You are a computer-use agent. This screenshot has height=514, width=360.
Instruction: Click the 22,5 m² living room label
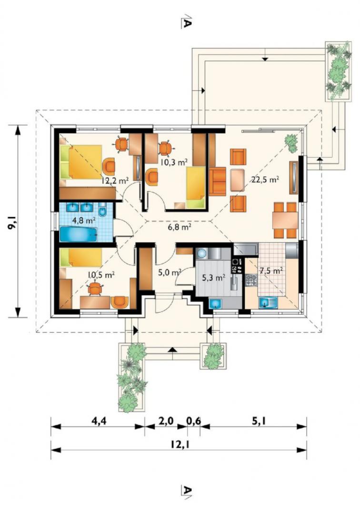(x=265, y=179)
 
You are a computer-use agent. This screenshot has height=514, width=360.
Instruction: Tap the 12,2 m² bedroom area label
(x=115, y=180)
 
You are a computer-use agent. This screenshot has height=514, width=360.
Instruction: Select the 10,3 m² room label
(x=174, y=161)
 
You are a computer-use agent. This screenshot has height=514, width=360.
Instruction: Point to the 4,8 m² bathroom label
(x=84, y=220)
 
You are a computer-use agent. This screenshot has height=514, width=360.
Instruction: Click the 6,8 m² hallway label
(x=180, y=227)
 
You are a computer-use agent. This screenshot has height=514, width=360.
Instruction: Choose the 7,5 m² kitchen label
(x=271, y=271)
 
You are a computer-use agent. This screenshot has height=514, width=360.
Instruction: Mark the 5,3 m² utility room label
(x=213, y=278)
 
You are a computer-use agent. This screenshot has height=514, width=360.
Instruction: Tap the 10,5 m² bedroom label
(x=101, y=275)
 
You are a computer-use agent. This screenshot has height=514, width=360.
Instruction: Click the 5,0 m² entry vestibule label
(x=170, y=272)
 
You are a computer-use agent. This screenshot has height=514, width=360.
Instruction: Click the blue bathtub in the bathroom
(x=79, y=234)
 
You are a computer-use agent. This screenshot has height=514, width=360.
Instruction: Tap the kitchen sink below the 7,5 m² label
(x=268, y=302)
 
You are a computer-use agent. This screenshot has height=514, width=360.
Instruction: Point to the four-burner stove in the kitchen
(x=251, y=281)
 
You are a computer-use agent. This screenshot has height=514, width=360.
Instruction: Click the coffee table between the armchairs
(x=237, y=180)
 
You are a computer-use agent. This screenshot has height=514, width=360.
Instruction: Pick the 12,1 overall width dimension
(x=179, y=445)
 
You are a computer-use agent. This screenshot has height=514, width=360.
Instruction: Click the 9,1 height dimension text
(x=14, y=222)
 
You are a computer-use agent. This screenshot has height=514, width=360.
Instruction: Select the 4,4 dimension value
(x=98, y=421)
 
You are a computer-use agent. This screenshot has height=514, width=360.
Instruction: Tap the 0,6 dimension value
(x=193, y=421)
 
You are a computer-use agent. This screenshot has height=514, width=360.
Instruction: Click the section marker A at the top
(x=186, y=21)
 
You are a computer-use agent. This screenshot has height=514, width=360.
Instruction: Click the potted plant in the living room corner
(x=291, y=143)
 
